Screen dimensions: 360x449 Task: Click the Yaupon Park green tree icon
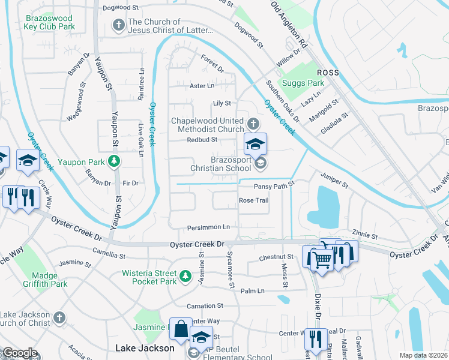coord(112,161)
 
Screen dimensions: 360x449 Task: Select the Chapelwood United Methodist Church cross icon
coord(253,125)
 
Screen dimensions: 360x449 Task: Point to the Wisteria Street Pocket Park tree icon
coord(186,275)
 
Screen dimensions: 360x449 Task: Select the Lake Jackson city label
coord(145,348)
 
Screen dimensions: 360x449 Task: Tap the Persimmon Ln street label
coord(209,227)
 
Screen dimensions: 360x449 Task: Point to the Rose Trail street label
coord(253,200)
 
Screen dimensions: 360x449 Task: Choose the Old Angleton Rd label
coord(289,25)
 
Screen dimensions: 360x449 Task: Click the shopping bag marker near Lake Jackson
coord(180,329)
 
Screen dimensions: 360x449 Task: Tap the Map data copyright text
coord(423,355)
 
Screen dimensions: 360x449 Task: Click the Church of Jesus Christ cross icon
coord(118,25)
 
